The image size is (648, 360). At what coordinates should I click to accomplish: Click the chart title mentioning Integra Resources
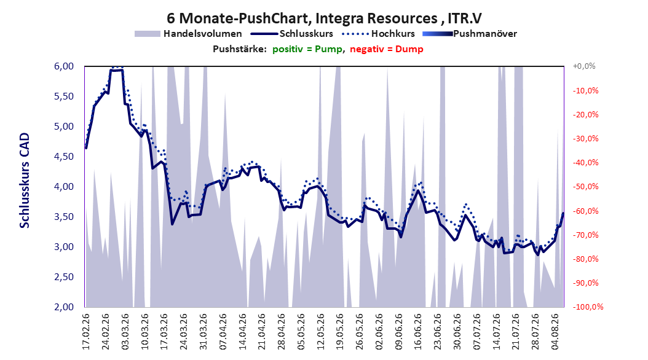(324, 18)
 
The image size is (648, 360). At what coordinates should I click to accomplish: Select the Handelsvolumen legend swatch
(147, 34)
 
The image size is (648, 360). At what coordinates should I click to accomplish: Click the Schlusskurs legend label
(306, 34)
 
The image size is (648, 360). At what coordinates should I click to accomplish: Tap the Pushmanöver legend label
(484, 34)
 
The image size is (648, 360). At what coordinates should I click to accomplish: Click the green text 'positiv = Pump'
(307, 49)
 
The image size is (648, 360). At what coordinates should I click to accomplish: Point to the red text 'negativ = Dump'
(387, 49)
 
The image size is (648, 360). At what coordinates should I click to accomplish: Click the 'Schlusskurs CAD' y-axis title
(25, 181)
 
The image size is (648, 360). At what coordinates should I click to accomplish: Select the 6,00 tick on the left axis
(64, 66)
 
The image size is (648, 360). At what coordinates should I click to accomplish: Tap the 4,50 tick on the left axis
(64, 157)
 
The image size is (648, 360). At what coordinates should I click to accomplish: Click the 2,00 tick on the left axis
(64, 307)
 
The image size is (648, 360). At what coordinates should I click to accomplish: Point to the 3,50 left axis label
(64, 217)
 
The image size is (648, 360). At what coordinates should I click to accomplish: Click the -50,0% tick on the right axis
(585, 187)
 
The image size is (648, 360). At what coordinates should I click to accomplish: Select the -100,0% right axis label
(588, 307)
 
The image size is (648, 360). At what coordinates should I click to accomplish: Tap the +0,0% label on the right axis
(584, 66)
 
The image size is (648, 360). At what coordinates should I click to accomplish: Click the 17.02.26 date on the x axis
(86, 332)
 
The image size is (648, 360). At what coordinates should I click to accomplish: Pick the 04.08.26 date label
(555, 332)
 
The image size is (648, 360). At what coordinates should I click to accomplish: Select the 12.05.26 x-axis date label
(321, 332)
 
